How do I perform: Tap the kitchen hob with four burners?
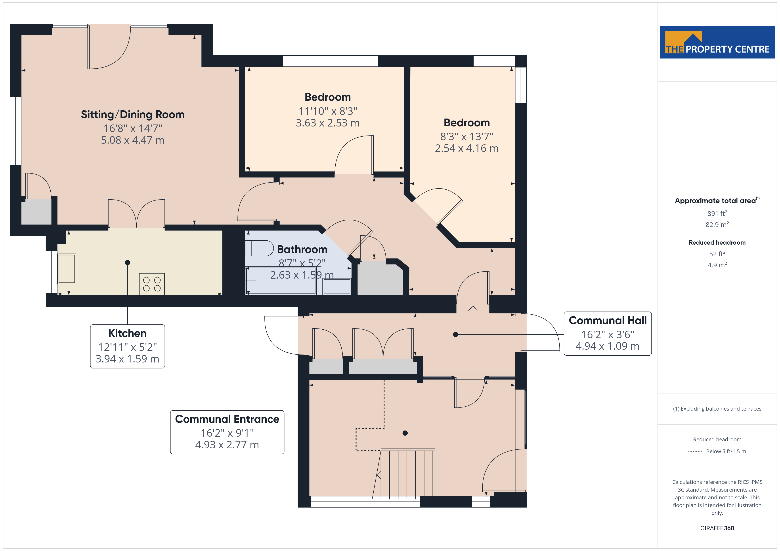point(152,284)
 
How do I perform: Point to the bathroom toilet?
point(259,248)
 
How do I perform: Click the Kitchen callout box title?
point(127,333)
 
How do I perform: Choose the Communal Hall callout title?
point(608,320)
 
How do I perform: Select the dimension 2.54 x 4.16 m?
point(467,148)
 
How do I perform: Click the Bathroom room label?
point(302,249)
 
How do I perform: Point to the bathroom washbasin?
point(337,287)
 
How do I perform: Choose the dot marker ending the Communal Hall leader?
point(456,334)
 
